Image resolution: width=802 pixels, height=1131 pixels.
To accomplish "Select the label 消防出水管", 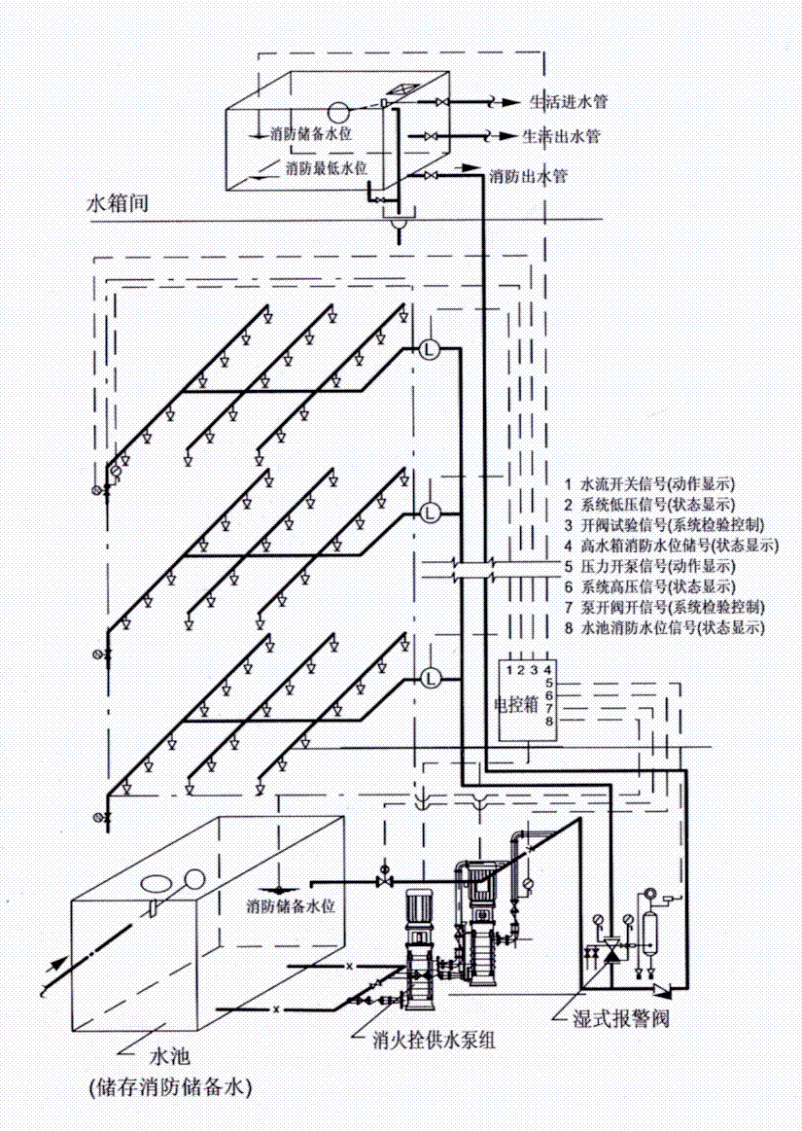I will [x=529, y=177].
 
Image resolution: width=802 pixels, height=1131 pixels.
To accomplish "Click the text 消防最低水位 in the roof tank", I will [x=326, y=168].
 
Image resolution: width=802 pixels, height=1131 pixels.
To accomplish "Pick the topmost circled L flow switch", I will [x=429, y=349].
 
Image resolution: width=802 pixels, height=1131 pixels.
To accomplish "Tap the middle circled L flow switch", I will [x=429, y=512].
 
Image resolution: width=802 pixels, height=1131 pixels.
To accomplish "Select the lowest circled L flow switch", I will [x=429, y=676].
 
